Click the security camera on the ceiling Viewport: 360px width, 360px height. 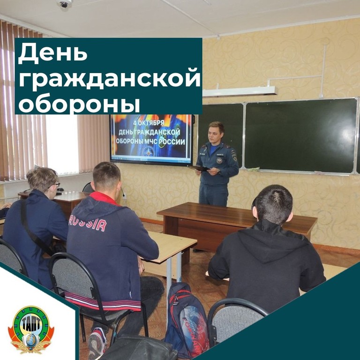(64, 3)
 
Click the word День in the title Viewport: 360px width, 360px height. (52, 53)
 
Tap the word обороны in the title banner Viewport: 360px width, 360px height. (79, 103)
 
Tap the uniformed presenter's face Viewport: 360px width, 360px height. (215, 136)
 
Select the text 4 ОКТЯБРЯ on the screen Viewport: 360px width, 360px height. (149, 123)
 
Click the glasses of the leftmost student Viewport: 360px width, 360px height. (56, 185)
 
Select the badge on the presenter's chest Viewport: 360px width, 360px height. (219, 160)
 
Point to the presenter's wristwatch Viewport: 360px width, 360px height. (219, 172)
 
